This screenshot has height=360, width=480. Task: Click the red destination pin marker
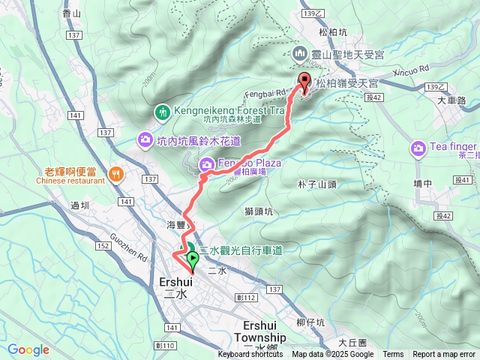click(x=304, y=84)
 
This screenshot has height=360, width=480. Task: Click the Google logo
click(x=28, y=349)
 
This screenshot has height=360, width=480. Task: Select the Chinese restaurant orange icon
click(x=115, y=174)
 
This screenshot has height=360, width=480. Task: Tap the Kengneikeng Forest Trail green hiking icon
click(x=162, y=112)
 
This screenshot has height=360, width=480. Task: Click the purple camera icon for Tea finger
click(x=418, y=150)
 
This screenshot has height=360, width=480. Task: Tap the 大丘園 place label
click(x=351, y=339)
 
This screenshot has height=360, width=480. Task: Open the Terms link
click(x=393, y=355)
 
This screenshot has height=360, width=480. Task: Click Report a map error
click(x=445, y=355)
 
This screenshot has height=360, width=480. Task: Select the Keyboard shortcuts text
click(x=251, y=355)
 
